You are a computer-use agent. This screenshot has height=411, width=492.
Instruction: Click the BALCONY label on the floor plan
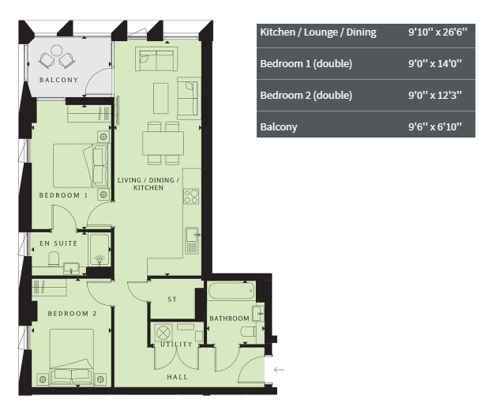tap(58, 80)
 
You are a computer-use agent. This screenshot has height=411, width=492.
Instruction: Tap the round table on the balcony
tap(57, 51)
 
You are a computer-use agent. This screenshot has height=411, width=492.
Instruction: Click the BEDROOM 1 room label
tap(63, 195)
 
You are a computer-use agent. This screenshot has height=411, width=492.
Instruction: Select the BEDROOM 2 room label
tap(72, 313)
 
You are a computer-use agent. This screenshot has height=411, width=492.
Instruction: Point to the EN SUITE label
tap(58, 243)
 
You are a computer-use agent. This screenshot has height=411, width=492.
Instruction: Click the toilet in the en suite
tap(54, 259)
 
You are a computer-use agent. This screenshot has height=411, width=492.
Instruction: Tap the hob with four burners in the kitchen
tap(191, 196)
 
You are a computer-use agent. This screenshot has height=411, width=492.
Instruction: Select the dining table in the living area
tap(163, 143)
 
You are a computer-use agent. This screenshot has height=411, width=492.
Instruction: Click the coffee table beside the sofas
tap(161, 98)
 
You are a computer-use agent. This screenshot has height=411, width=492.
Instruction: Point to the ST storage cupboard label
tap(172, 300)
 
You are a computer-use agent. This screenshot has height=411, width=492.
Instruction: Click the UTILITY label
tap(176, 345)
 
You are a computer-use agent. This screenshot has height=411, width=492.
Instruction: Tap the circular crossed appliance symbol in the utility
tap(163, 333)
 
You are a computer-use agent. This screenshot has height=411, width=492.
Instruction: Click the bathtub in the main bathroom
tap(231, 291)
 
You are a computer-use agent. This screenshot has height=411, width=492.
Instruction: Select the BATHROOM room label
tap(229, 319)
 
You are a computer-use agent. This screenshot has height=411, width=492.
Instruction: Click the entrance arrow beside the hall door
tap(279, 370)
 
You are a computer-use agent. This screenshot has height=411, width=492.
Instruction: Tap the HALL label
tap(177, 377)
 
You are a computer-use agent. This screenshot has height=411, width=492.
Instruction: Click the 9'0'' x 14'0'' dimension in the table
tap(435, 64)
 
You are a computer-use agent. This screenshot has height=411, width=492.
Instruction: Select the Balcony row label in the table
tap(279, 126)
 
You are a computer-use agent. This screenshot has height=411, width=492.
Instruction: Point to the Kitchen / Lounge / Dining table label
tap(318, 32)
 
